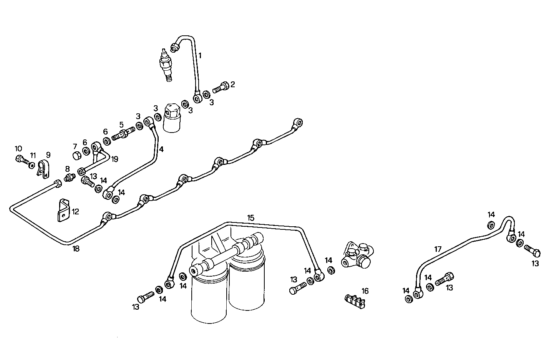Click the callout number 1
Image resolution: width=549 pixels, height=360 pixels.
tap(200, 55)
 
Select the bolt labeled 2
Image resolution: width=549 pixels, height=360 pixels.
tap(221, 87)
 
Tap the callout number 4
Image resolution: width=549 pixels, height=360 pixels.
tap(161, 149)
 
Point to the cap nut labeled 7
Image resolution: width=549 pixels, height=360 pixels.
tap(76, 156)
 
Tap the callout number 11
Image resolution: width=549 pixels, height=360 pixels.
tap(33, 156)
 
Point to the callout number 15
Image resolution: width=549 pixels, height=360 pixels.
tap(250, 218)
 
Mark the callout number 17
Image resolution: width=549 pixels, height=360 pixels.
tap(438, 249)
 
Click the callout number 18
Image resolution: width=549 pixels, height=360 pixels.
tap(76, 249)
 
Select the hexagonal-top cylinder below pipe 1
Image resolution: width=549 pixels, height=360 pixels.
tap(172, 117)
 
